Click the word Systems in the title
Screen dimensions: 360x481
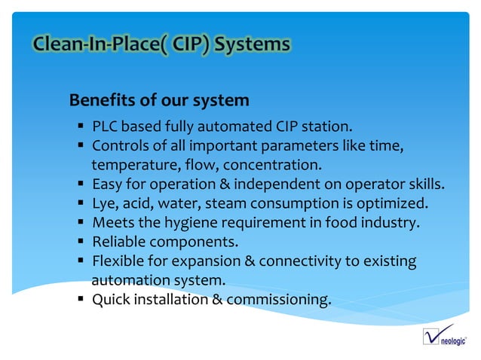252,45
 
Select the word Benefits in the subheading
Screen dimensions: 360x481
100,100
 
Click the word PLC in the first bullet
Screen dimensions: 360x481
105,125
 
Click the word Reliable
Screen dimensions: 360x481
119,242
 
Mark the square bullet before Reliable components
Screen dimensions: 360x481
80,242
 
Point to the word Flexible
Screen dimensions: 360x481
119,261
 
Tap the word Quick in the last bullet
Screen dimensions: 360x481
111,301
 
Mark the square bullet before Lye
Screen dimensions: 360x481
80,203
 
